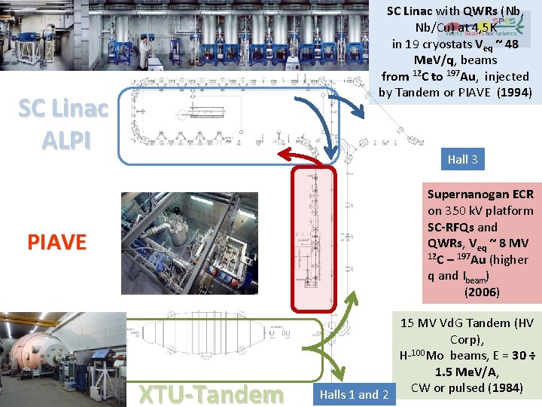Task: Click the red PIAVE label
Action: [x=57, y=242]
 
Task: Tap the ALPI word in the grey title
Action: [x=64, y=139]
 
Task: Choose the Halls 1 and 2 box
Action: [x=354, y=394]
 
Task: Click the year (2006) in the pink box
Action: [x=482, y=292]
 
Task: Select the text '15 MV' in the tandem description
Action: [x=419, y=323]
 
